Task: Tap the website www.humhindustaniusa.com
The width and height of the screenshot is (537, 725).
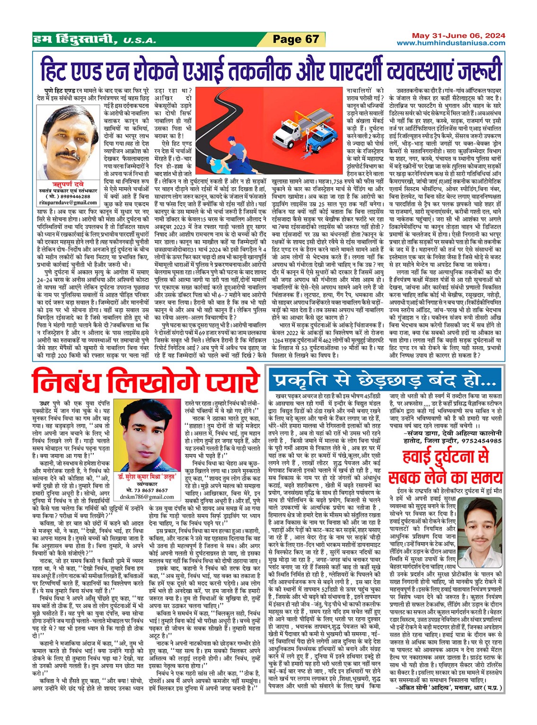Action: coord(450,43)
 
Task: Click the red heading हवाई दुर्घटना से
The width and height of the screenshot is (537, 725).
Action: coord(445,457)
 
